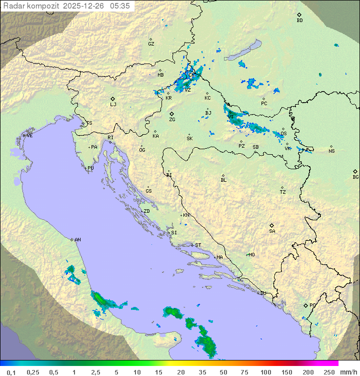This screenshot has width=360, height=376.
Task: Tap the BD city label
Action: pos(299,21)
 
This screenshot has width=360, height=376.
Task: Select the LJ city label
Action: pos(113,105)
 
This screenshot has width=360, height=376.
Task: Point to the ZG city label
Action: pos(172,120)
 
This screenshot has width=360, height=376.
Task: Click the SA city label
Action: pos(272,231)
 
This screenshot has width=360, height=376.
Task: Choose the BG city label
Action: pos(355,177)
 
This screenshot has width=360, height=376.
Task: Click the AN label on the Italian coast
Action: pos(77,240)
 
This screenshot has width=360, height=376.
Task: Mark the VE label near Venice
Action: pos(29,136)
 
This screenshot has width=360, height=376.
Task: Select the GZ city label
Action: pos(151,44)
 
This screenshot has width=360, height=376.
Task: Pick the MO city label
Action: pos(251,255)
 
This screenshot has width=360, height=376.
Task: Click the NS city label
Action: pos(331,151)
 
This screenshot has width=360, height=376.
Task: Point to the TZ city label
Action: pos(283,192)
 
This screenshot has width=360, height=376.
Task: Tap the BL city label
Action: pos(223,180)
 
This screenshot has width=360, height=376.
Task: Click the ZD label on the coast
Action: pos(146,211)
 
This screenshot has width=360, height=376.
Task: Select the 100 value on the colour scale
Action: pos(266,372)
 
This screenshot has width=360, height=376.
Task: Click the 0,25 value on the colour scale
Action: pos(33,372)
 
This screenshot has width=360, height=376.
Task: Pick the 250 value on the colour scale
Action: pos(329,372)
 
